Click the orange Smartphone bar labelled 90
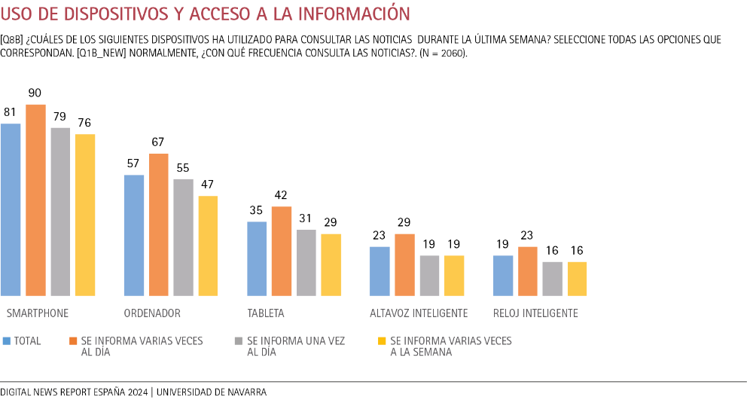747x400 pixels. pos(35,200)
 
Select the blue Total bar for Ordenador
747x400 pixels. pos(133,235)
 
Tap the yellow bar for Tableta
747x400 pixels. pos(331,264)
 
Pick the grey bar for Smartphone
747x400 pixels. pos(60,212)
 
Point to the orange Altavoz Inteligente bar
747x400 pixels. pos(404,264)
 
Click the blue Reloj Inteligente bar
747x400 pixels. pos(503,275)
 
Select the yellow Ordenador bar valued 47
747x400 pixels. pos(208,246)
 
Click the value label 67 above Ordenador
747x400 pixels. pos(157,142)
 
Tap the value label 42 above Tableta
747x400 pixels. pos(281,195)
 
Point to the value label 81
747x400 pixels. pos(11,112)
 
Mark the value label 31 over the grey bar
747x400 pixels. pos(305,218)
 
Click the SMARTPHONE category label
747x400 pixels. pos(38,313)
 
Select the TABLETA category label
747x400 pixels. pos(266,313)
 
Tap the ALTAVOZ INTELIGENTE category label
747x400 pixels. pos(419,313)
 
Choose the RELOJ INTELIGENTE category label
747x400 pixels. pos(535,313)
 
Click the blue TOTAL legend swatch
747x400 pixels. pos(7,341)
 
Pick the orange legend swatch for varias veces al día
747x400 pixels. pos(73,341)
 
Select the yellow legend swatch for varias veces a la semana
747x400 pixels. pos(381,341)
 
